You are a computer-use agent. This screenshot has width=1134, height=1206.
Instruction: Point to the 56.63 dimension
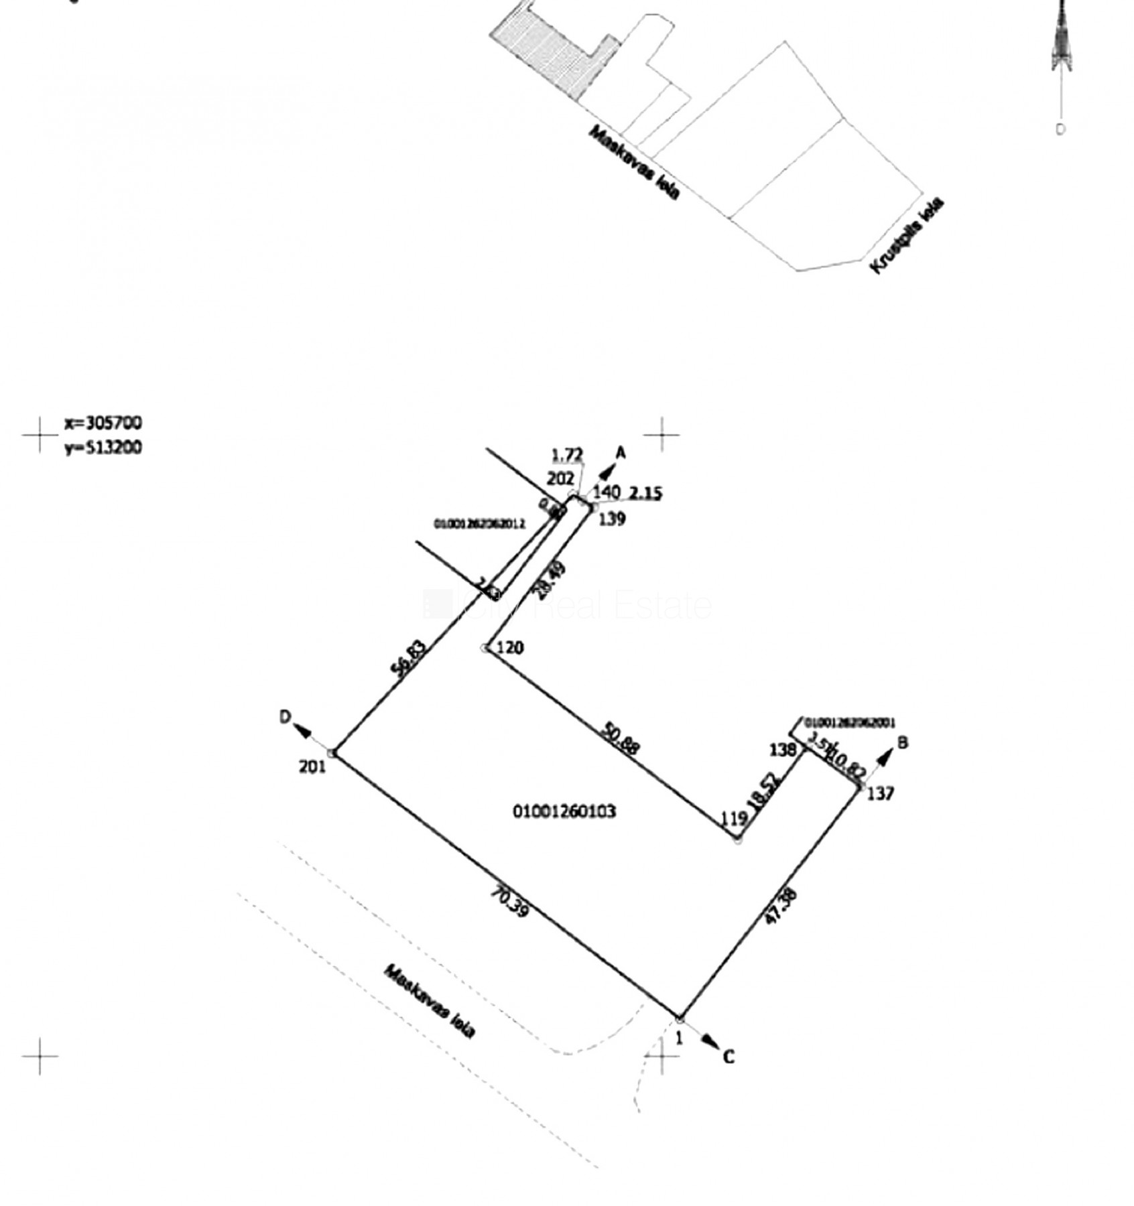pos(409,659)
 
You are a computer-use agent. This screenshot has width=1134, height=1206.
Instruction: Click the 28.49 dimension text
pos(550,580)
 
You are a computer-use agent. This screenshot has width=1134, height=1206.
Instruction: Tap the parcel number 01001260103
pos(564,811)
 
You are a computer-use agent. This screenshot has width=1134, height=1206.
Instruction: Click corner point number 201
pos(312,766)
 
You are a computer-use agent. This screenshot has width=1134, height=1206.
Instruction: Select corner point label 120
pos(511,648)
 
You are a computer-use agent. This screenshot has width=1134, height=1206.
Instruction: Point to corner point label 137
pos(881,793)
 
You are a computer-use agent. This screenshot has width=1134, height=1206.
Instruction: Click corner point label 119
pos(734,818)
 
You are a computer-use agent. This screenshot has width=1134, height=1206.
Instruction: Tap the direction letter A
pos(621,454)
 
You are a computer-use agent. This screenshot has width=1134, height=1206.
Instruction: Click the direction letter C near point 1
pos(729,1057)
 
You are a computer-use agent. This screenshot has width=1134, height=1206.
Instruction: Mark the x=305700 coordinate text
pos(103,423)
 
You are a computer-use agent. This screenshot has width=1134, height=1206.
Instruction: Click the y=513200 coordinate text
pos(103,447)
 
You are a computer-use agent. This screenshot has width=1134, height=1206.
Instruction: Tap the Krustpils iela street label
pos(907,235)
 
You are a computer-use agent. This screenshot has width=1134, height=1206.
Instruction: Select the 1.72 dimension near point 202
pos(567,456)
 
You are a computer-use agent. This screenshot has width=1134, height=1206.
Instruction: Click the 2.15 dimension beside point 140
pos(645,493)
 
